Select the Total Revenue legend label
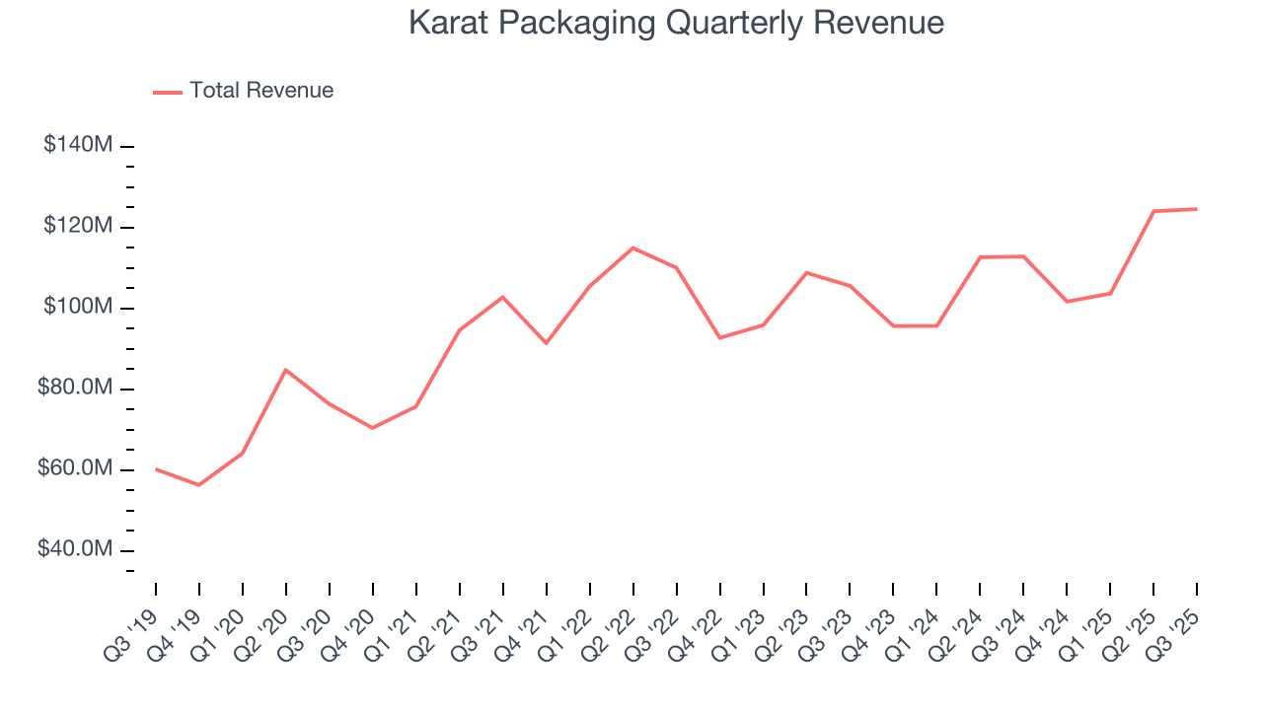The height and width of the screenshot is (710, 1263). tap(261, 91)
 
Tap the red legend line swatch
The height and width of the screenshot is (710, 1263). tap(168, 92)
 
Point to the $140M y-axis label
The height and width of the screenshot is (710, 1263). tap(78, 145)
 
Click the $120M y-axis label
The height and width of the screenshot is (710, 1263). tap(78, 226)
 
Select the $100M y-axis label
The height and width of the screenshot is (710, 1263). tap(78, 307)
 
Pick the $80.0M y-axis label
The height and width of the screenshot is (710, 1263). tap(75, 388)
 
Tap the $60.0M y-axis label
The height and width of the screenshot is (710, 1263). tap(75, 468)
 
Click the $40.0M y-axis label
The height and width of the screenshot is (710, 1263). tap(75, 549)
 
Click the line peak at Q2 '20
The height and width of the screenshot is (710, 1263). tap(286, 370)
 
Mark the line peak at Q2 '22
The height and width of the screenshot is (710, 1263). tap(632, 248)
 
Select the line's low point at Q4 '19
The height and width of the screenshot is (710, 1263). tap(199, 485)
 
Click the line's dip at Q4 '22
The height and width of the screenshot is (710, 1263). tap(719, 338)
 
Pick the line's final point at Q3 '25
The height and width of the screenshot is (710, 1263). tap(1196, 209)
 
